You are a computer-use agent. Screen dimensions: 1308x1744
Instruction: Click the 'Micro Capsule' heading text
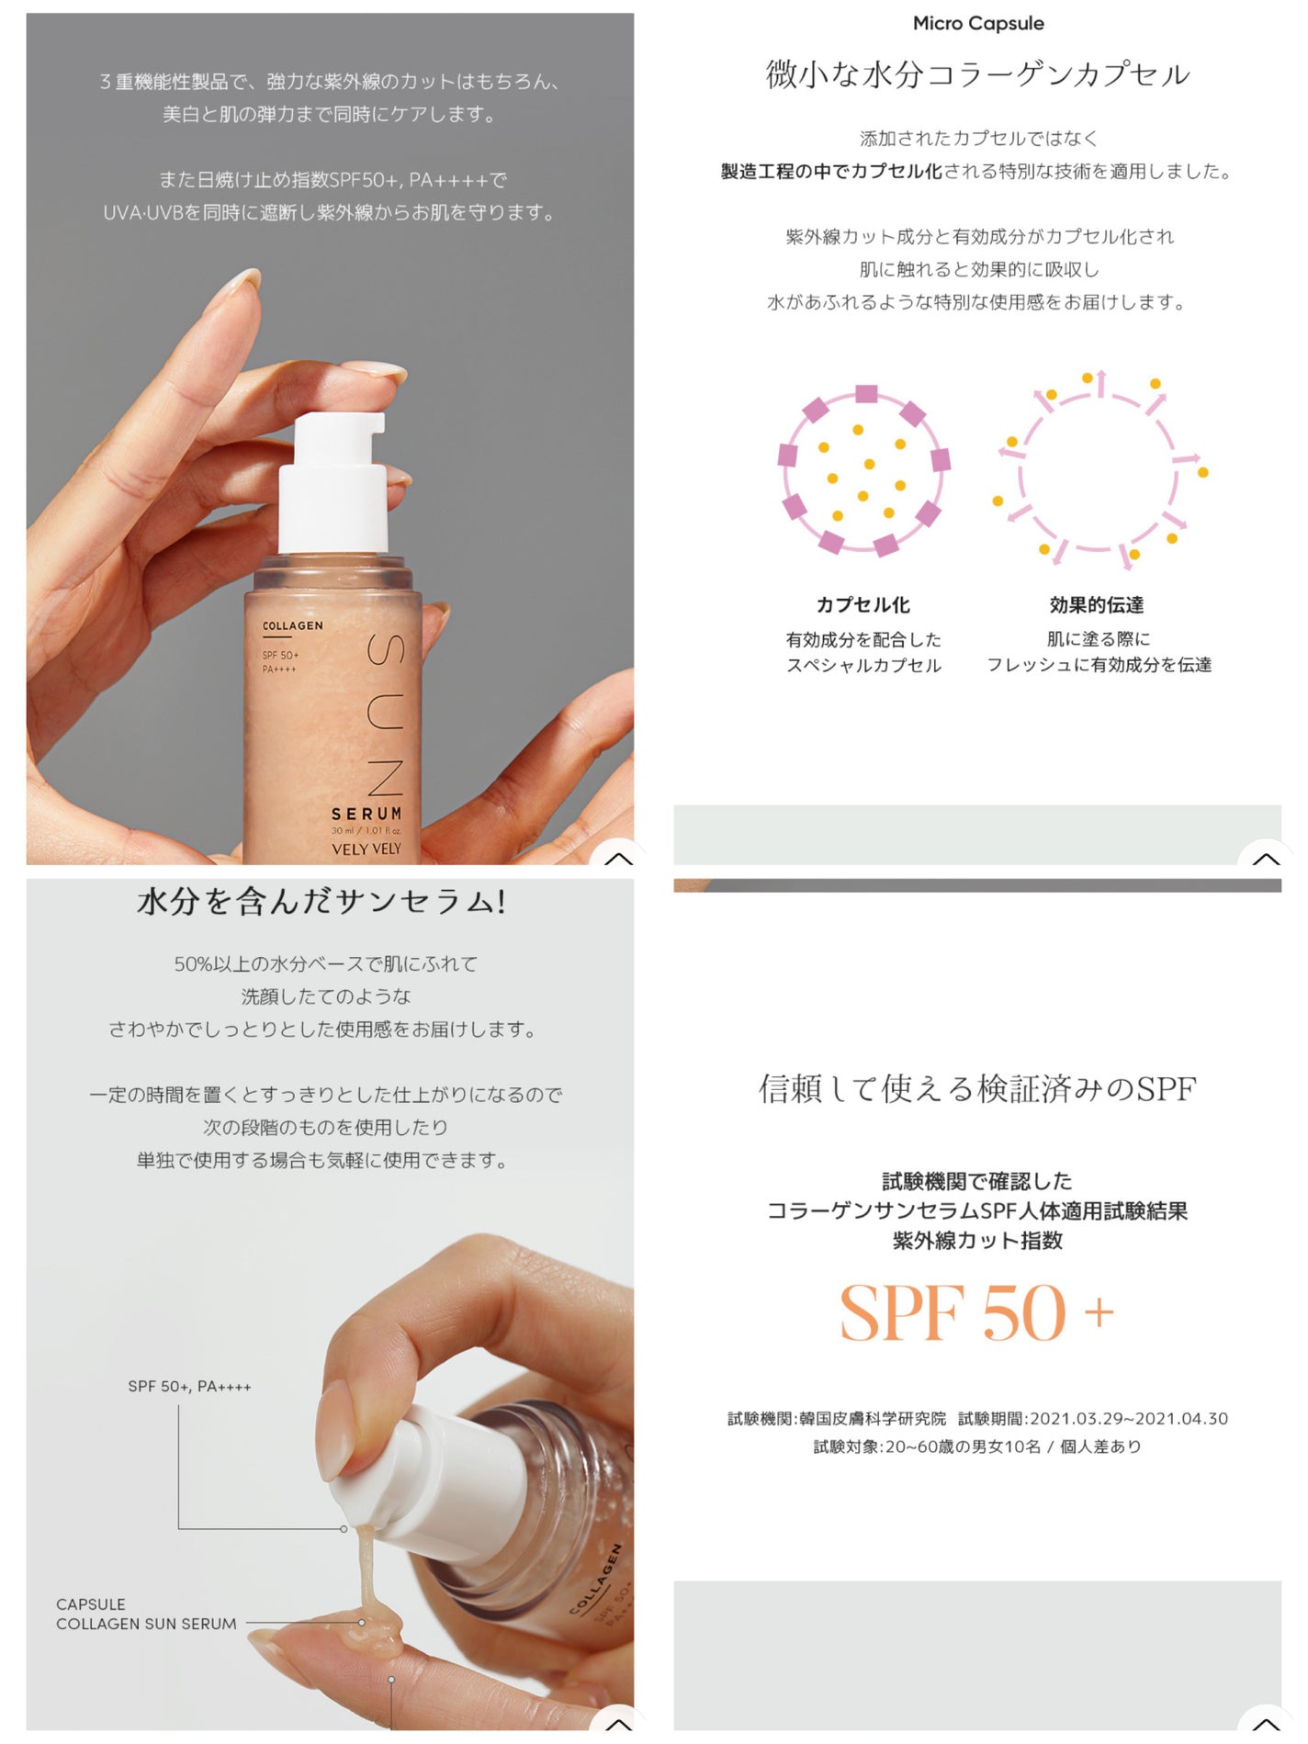coord(977,24)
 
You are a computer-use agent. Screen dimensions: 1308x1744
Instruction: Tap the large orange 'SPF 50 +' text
coord(976,1313)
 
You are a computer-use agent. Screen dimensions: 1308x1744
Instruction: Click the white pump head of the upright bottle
coord(333,482)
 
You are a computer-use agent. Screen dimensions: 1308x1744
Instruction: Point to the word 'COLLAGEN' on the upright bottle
coord(293,625)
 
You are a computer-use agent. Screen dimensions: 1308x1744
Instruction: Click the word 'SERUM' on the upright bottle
coord(366,814)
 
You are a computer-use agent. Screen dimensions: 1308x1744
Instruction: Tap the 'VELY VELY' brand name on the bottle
coord(366,849)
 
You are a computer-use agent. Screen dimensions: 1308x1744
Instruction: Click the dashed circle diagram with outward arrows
coord(1099,469)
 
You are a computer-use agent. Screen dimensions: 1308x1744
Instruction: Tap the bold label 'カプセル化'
coord(863,605)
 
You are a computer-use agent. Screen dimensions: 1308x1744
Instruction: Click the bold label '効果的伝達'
coord(1097,605)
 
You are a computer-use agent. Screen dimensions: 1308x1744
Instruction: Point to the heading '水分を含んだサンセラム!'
coord(321,902)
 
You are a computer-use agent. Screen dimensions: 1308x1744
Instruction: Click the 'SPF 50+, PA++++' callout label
coord(189,1386)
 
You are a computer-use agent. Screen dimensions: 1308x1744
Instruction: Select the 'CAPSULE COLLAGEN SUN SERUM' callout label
coord(146,1614)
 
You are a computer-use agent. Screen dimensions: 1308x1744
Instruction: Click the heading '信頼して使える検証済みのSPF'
coord(977,1089)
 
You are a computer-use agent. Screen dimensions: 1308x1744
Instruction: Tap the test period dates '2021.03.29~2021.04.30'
coord(1129,1419)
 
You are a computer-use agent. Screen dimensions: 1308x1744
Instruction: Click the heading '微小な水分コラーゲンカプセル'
coord(978,74)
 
